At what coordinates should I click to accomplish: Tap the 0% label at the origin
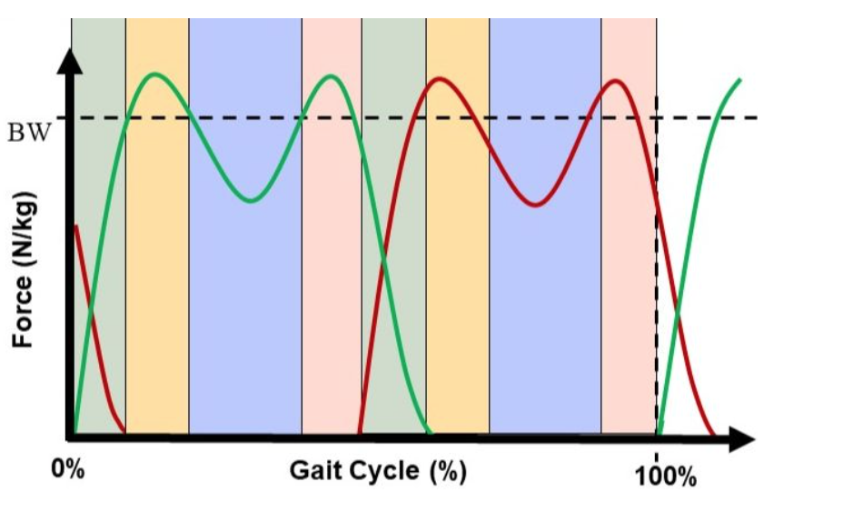pyautogui.click(x=67, y=470)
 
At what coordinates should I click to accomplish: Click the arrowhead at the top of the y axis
pyautogui.click(x=69, y=57)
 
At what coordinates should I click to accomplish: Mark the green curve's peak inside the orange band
pyautogui.click(x=155, y=74)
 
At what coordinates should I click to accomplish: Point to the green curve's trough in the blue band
pyautogui.click(x=254, y=200)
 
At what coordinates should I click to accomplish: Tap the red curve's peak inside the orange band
pyautogui.click(x=441, y=78)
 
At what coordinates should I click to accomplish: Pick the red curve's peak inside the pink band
pyautogui.click(x=617, y=81)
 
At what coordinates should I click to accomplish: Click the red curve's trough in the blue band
pyautogui.click(x=537, y=206)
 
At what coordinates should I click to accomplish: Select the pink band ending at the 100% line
pyautogui.click(x=629, y=273)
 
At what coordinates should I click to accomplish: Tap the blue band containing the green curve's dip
pyautogui.click(x=245, y=318)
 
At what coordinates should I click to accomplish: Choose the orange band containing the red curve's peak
pyautogui.click(x=458, y=273)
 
